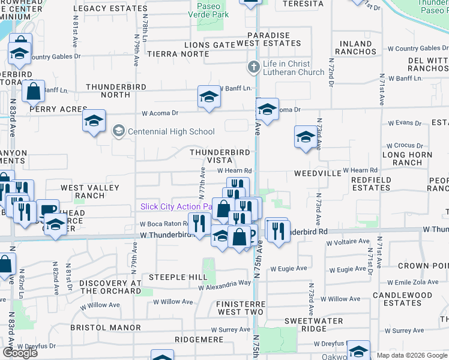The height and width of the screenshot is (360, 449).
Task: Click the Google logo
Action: [x=20, y=352]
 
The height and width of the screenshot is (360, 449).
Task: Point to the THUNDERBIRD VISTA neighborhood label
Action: [x=219, y=156]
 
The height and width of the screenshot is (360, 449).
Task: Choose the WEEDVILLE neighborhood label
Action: [x=318, y=173]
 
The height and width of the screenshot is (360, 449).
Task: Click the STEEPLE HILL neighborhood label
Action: [x=178, y=277]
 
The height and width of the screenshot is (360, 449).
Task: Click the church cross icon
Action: [x=254, y=67]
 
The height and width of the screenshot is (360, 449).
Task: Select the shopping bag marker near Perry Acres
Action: [x=33, y=92]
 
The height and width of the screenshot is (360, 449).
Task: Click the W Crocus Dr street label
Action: [x=405, y=146]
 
